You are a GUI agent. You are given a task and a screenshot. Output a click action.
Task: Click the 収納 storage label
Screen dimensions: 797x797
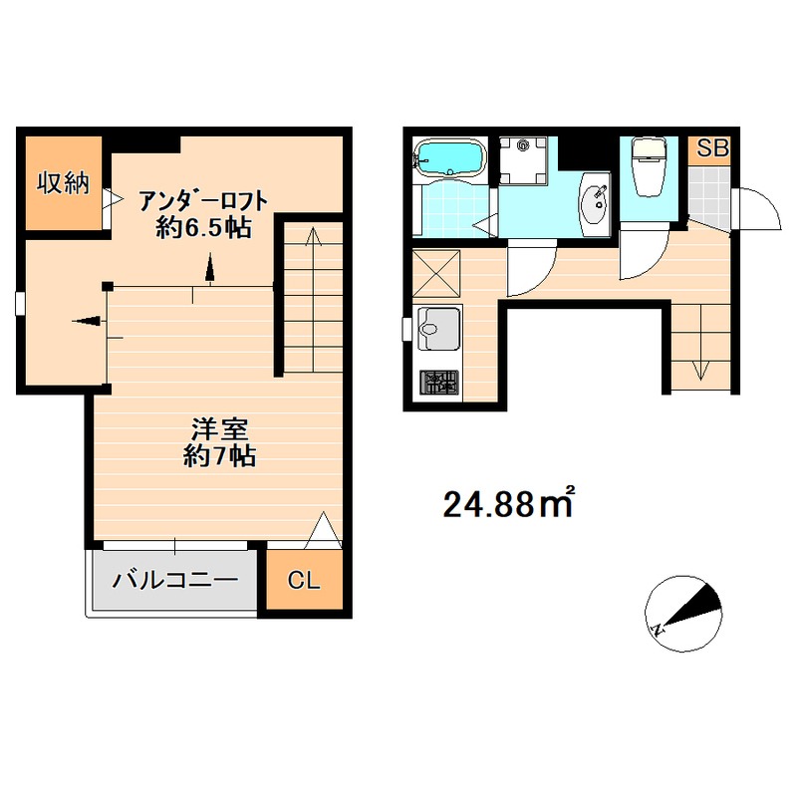point(63,182)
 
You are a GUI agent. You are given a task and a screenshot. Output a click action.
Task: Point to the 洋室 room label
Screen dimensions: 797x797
point(219,430)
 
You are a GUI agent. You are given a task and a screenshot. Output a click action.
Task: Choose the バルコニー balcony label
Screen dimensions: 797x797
point(174,580)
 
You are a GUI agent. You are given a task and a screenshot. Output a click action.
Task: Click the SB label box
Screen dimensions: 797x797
point(712,149)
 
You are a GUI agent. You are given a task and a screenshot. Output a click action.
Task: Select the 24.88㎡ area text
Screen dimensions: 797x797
point(509,505)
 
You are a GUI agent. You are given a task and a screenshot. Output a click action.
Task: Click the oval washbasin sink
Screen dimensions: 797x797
point(596,202)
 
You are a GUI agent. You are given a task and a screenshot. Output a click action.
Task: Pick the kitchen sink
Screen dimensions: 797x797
point(439,328)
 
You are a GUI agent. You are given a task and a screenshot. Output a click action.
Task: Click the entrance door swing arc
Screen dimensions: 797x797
point(754,211)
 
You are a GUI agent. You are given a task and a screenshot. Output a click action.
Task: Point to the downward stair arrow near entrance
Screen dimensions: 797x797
point(701,369)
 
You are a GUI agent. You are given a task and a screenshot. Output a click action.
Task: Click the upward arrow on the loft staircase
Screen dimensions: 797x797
point(312,239)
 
